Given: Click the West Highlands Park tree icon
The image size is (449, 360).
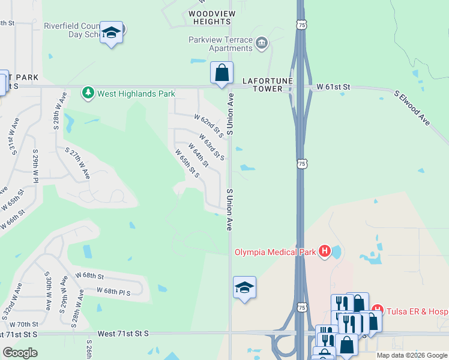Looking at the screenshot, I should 88,93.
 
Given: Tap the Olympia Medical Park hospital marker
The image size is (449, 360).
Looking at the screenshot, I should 325,251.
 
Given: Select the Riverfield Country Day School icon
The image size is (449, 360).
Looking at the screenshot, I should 111,33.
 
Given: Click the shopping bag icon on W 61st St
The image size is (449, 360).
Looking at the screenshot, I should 221,73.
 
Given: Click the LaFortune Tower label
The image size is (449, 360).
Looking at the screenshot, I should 262,84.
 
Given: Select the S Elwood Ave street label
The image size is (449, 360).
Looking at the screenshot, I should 412,108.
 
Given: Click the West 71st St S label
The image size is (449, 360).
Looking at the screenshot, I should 122,333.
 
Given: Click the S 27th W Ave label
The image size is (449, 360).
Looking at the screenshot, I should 77,163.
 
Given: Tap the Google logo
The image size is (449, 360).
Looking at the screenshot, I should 20,353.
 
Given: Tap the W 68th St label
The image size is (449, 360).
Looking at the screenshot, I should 89,276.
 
